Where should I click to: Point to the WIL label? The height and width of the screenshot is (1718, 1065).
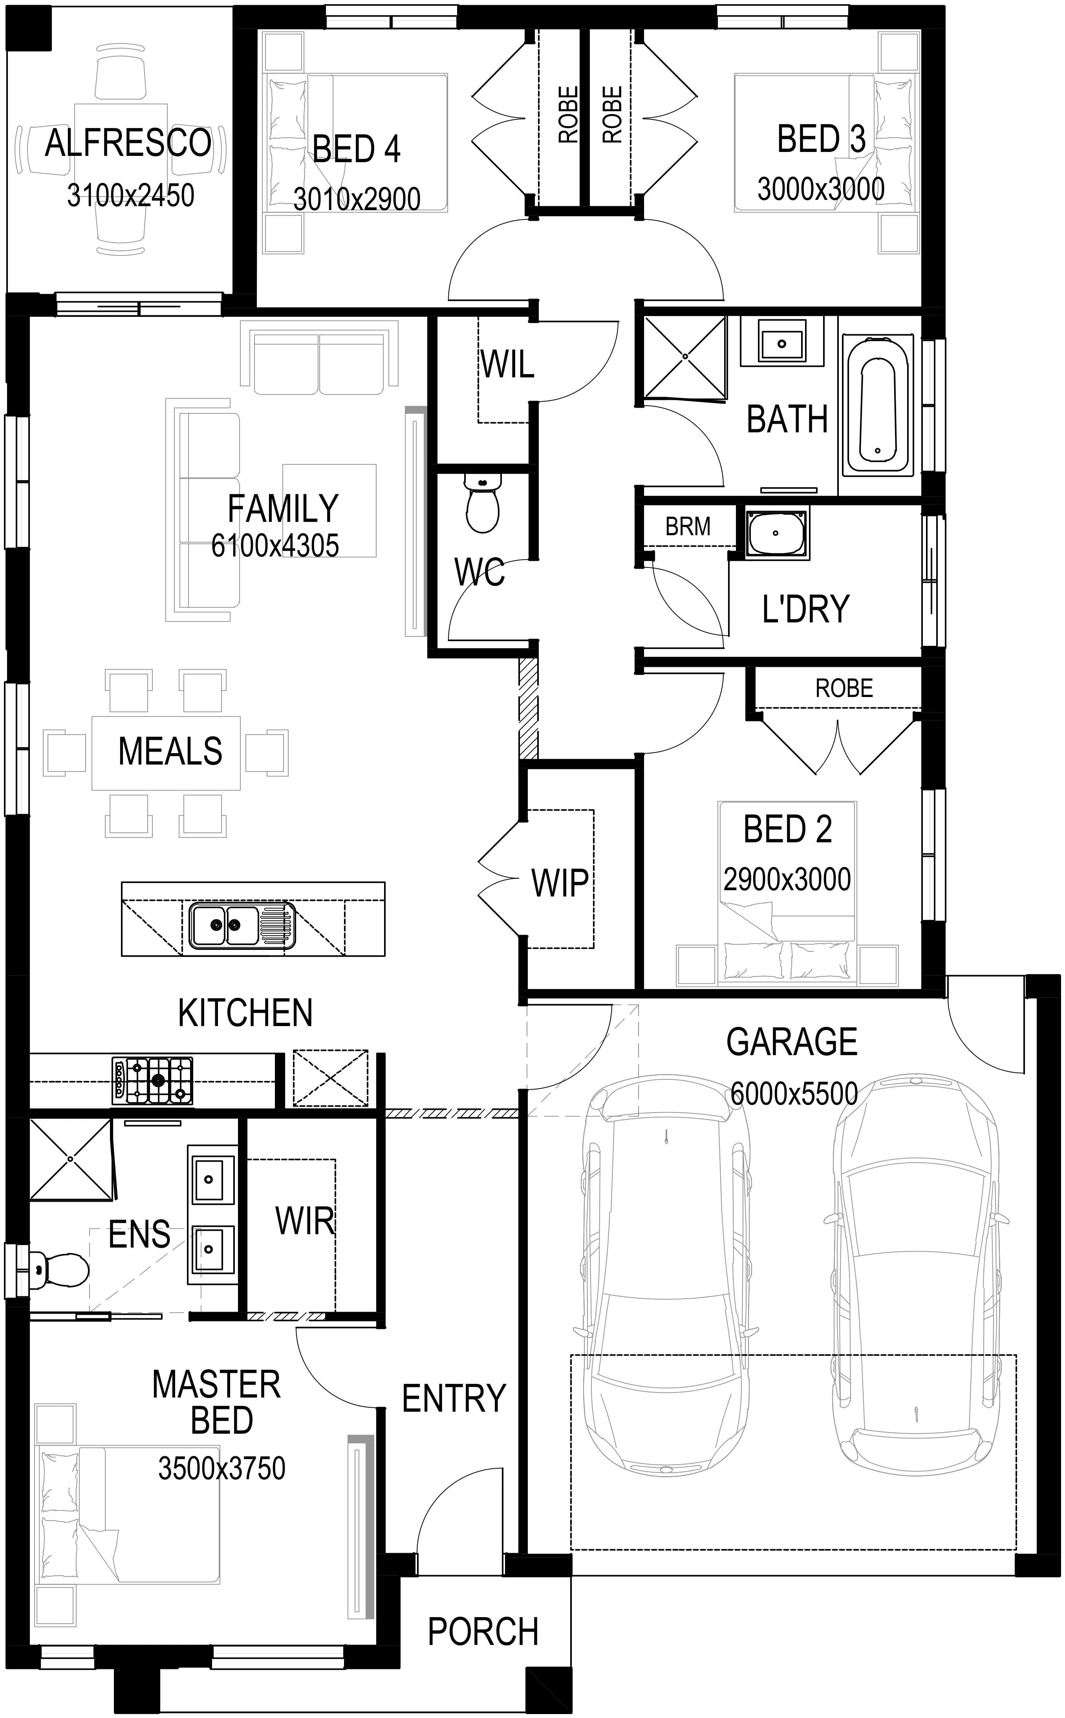(x=507, y=364)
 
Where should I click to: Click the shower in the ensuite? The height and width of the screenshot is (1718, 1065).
(x=70, y=1159)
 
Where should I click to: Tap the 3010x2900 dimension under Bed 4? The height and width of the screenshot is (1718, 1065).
(x=357, y=199)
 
